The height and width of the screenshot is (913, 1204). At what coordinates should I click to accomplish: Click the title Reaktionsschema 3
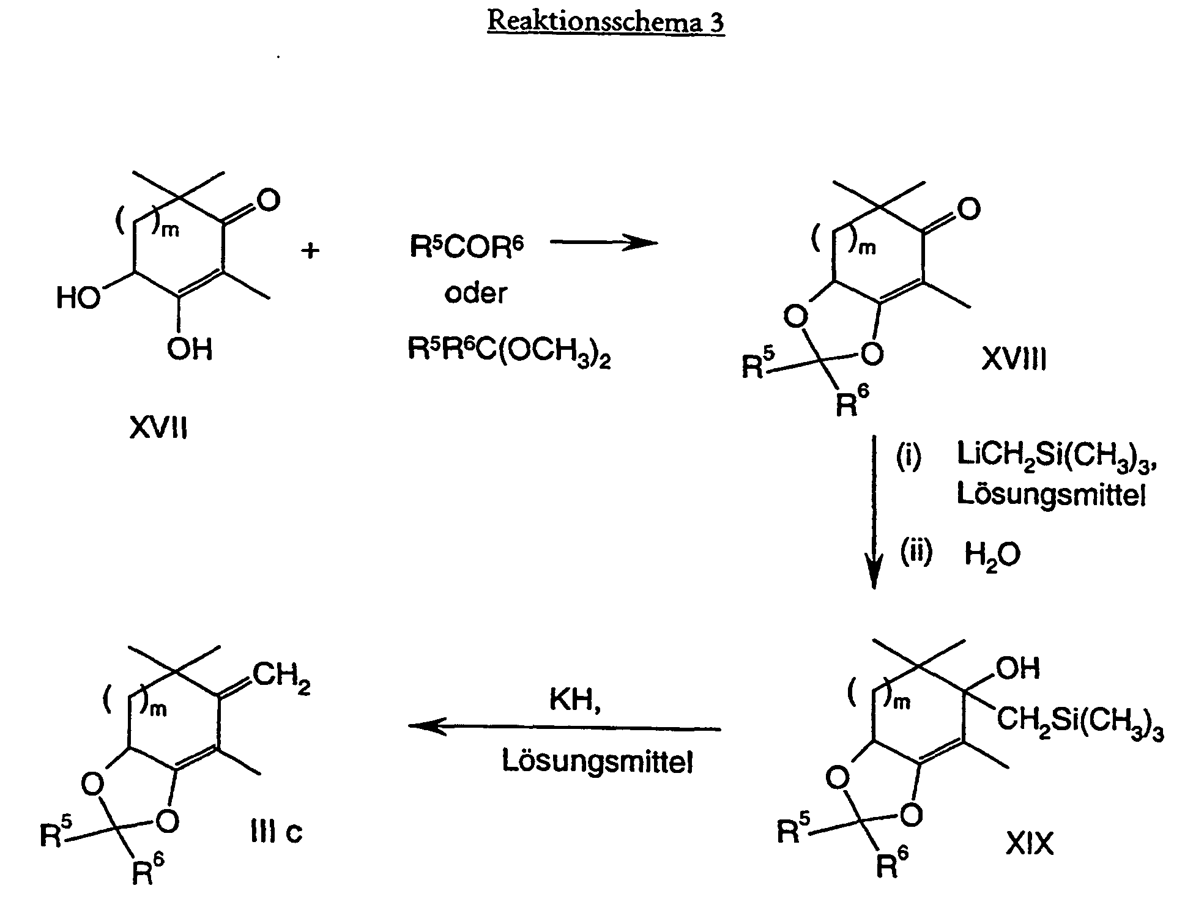[606, 23]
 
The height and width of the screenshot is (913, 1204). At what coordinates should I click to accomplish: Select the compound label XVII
[158, 427]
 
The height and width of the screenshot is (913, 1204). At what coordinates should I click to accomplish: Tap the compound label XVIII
[1014, 360]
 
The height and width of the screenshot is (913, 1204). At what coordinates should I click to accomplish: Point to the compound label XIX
[1030, 845]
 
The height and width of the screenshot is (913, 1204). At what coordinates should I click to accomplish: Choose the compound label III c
[277, 832]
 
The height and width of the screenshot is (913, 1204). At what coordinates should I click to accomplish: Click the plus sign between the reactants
[311, 250]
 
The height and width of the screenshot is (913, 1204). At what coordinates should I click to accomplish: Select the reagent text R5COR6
[467, 248]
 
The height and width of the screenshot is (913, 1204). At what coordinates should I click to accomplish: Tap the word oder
[475, 294]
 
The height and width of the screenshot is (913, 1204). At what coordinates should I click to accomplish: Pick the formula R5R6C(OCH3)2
[509, 352]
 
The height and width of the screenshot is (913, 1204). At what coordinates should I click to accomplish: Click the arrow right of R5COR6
[603, 243]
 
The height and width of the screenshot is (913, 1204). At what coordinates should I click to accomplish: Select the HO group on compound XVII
[78, 298]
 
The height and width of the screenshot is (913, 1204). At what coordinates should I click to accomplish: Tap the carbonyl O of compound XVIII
[968, 209]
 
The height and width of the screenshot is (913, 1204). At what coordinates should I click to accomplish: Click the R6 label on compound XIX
[893, 863]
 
